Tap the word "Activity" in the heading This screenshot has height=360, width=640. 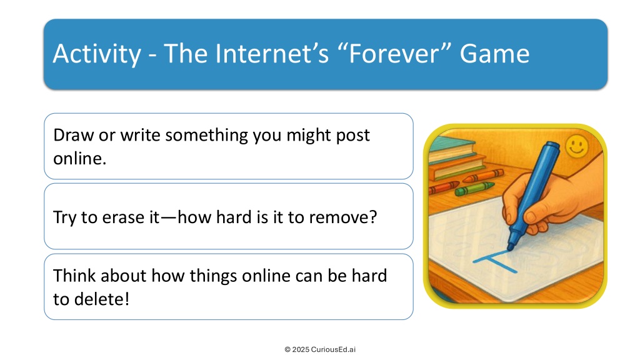97,54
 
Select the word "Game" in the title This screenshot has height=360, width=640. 494,54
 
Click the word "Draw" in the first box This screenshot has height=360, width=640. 74,135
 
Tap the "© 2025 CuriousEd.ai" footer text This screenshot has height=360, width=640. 320,349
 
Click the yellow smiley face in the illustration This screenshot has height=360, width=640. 577,146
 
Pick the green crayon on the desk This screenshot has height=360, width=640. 474,189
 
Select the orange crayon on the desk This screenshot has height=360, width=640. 483,176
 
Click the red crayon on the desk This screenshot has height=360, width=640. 444,187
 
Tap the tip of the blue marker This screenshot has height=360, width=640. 510,249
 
